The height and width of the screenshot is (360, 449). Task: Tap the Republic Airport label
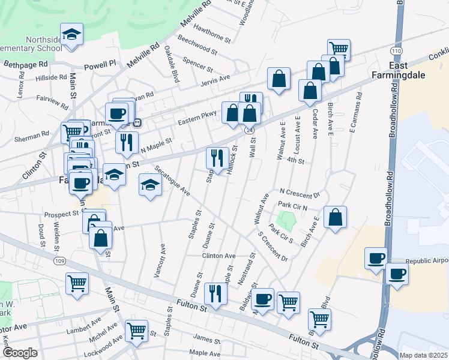[427, 262]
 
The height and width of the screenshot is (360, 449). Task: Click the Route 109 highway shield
[59, 261]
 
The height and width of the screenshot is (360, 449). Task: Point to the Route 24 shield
[249, 130]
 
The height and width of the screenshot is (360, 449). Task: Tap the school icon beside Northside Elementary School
[71, 34]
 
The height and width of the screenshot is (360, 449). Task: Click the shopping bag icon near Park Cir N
[335, 217]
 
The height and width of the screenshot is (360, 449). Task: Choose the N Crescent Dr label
[300, 196]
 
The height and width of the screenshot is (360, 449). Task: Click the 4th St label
[296, 161]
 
